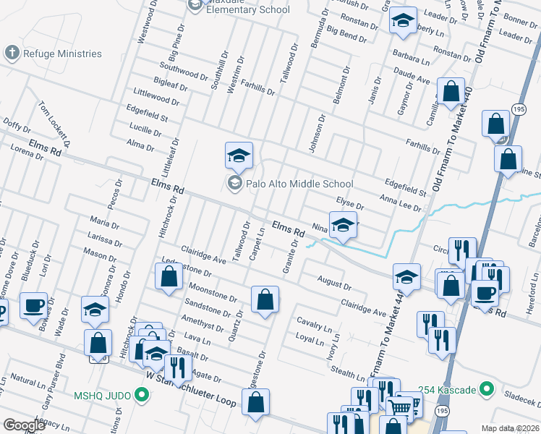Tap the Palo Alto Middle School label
click(x=299, y=184)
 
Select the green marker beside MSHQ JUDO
click(x=142, y=396)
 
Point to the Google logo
click(x=24, y=425)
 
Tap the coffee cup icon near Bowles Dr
click(x=33, y=305)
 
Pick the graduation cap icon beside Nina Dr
click(x=343, y=225)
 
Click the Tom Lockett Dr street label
click(x=54, y=124)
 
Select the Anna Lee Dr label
click(x=400, y=203)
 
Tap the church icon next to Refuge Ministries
click(x=11, y=53)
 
